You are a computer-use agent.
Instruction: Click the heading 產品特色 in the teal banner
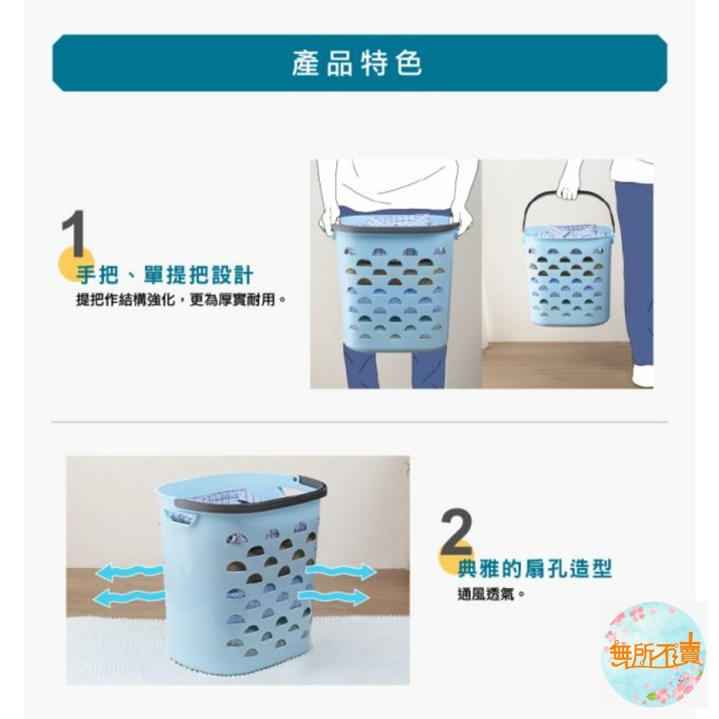click(x=357, y=63)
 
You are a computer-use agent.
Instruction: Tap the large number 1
click(x=73, y=234)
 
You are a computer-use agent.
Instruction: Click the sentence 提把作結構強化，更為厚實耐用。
click(x=181, y=300)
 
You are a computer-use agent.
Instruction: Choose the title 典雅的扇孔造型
click(x=535, y=569)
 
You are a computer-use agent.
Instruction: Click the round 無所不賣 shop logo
click(x=654, y=654)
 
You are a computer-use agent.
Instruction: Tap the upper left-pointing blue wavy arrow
click(x=129, y=572)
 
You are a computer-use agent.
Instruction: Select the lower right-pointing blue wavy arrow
click(x=334, y=596)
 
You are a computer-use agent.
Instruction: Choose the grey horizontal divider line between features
click(x=359, y=421)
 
